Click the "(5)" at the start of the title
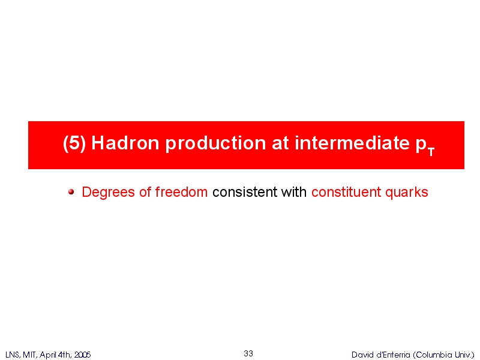[74, 143]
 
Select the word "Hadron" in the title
[125, 143]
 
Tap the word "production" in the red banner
[215, 143]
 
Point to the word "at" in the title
[280, 143]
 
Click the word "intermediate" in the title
[352, 143]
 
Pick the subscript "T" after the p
[431, 151]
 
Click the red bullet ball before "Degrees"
[71, 192]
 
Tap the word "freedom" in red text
[181, 192]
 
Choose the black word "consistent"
[245, 192]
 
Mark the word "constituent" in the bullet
[346, 192]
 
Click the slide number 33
[248, 353]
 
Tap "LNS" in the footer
[12, 355]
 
